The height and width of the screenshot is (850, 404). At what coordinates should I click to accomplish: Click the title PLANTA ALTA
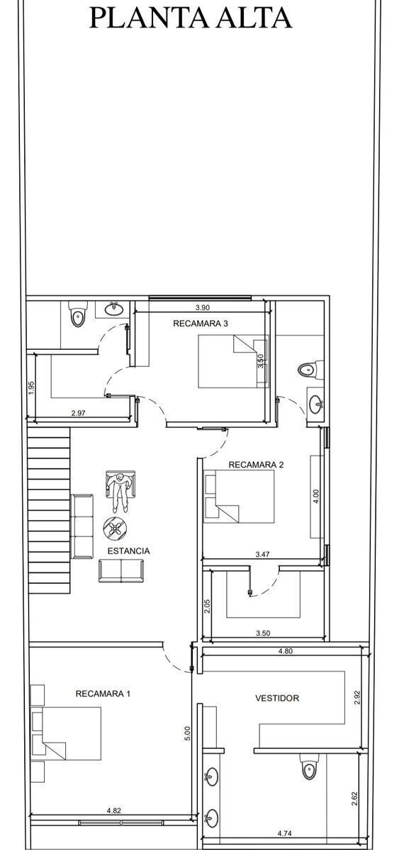[x=191, y=18]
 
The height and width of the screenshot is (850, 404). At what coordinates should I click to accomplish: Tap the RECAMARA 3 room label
[x=201, y=323]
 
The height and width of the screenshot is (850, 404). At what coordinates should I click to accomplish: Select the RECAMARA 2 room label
[x=256, y=465]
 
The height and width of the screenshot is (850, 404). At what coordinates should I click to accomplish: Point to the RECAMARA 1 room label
[x=103, y=693]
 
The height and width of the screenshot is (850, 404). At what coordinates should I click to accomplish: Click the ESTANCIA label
[x=128, y=550]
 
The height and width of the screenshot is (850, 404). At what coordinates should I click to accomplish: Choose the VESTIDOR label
[x=277, y=698]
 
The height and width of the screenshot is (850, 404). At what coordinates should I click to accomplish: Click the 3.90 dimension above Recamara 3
[x=203, y=307]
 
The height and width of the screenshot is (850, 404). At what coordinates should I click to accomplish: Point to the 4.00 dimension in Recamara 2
[x=316, y=497]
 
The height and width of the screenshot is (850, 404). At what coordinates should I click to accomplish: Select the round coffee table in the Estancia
[x=115, y=527]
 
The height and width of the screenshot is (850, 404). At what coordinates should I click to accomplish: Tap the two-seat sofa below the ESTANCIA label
[x=121, y=570]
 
